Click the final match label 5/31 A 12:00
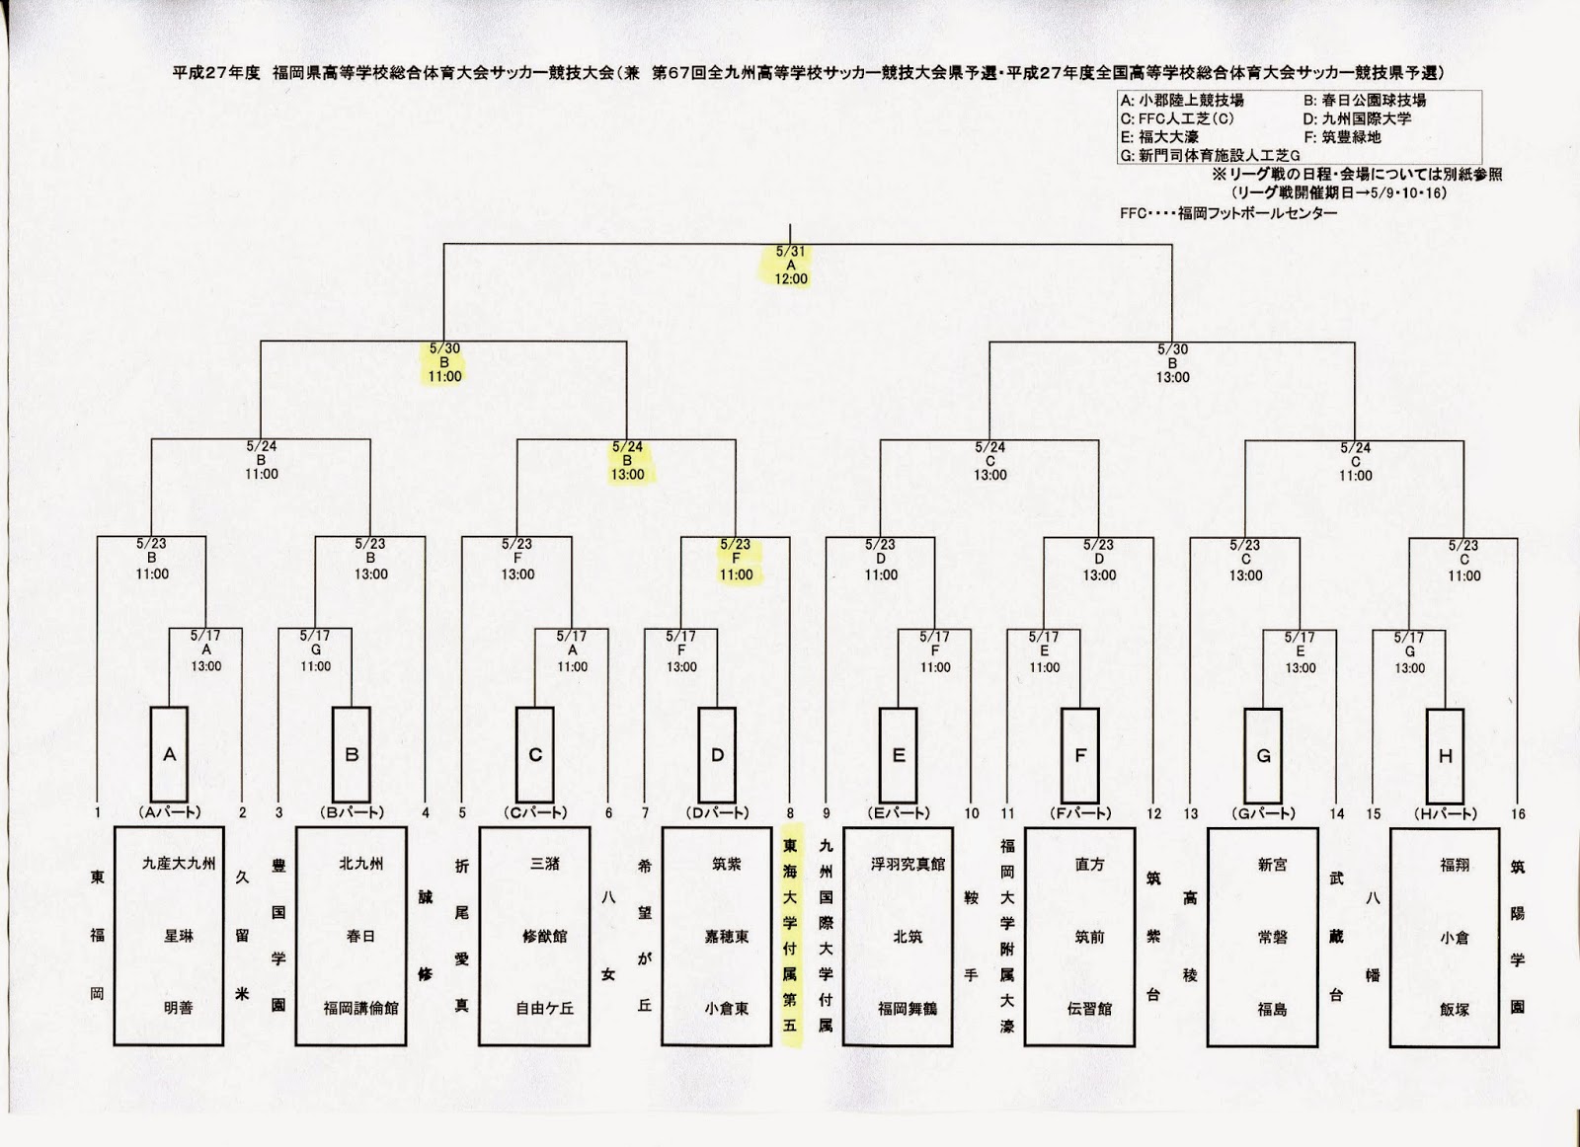[x=791, y=266]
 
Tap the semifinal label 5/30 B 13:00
[x=1172, y=363]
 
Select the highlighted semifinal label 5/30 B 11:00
[x=444, y=362]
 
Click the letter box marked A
[x=170, y=754]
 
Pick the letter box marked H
[x=1446, y=756]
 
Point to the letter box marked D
[x=717, y=755]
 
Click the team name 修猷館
[x=544, y=936]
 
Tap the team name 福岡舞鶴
[x=907, y=1008]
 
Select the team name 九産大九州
[x=179, y=863]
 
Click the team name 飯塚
[x=1454, y=1010]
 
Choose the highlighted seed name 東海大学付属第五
[x=790, y=936]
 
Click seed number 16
[x=1518, y=813]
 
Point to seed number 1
[x=98, y=812]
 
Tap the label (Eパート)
[x=899, y=812]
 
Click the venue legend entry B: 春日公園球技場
[x=1364, y=100]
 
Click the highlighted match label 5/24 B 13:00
[x=627, y=461]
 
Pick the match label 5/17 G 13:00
[x=1409, y=652]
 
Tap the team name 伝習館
[x=1089, y=1009]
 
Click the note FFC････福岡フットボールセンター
[x=1228, y=213]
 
